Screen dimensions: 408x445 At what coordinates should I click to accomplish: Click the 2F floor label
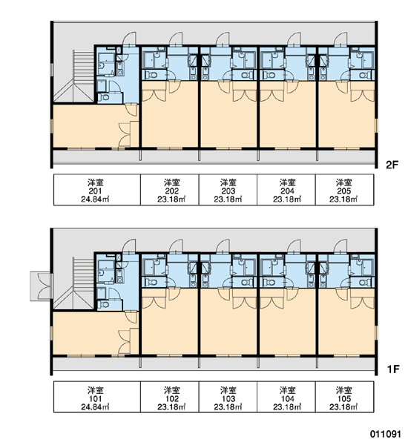pyautogui.click(x=392, y=165)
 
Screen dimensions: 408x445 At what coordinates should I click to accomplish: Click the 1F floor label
pyautogui.click(x=393, y=369)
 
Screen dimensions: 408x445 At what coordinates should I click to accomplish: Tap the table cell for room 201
pyautogui.click(x=97, y=190)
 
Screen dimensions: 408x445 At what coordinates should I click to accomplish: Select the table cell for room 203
pyautogui.click(x=228, y=190)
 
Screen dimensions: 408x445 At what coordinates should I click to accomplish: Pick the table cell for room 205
pyautogui.click(x=344, y=190)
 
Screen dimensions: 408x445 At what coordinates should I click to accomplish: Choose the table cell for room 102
pyautogui.click(x=169, y=397)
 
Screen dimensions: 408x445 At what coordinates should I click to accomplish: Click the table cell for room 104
pyautogui.click(x=286, y=397)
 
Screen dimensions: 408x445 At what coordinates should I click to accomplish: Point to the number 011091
pyautogui.click(x=385, y=434)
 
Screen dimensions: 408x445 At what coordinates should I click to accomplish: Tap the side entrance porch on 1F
pyautogui.click(x=41, y=286)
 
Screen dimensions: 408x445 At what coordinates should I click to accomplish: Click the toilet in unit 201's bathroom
pyautogui.click(x=105, y=97)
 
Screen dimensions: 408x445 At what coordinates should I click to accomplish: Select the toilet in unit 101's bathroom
pyautogui.click(x=105, y=305)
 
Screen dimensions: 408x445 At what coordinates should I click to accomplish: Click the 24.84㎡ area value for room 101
pyautogui.click(x=96, y=407)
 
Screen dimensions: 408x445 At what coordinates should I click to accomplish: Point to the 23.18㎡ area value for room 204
pyautogui.click(x=287, y=200)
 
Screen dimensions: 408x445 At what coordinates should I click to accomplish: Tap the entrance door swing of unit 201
pyautogui.click(x=129, y=39)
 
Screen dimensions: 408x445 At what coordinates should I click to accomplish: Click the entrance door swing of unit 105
pyautogui.click(x=340, y=246)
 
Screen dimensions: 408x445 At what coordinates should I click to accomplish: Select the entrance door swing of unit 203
pyautogui.click(x=223, y=39)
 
